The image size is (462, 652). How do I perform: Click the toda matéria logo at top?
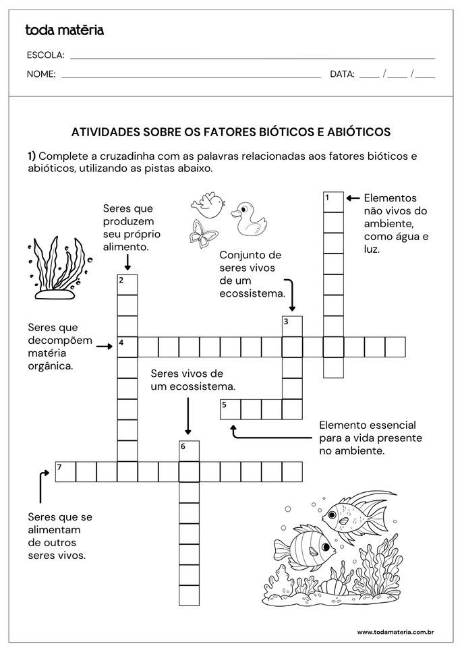[64, 30]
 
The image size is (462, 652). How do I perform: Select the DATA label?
[342, 74]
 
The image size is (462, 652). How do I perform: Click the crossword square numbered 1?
[333, 201]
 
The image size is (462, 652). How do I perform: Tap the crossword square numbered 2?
[127, 285]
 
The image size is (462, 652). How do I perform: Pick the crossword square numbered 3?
[292, 326]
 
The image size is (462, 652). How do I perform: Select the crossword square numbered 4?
[127, 347]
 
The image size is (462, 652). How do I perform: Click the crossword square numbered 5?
[231, 409]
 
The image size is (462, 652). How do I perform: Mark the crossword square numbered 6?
[189, 450]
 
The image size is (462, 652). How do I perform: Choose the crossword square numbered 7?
[65, 471]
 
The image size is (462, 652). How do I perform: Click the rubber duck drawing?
[248, 220]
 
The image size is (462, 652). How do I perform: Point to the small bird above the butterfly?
[206, 204]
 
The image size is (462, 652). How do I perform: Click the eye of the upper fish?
[333, 517]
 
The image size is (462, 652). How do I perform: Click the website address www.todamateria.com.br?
[395, 632]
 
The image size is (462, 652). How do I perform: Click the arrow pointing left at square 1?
[353, 198]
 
